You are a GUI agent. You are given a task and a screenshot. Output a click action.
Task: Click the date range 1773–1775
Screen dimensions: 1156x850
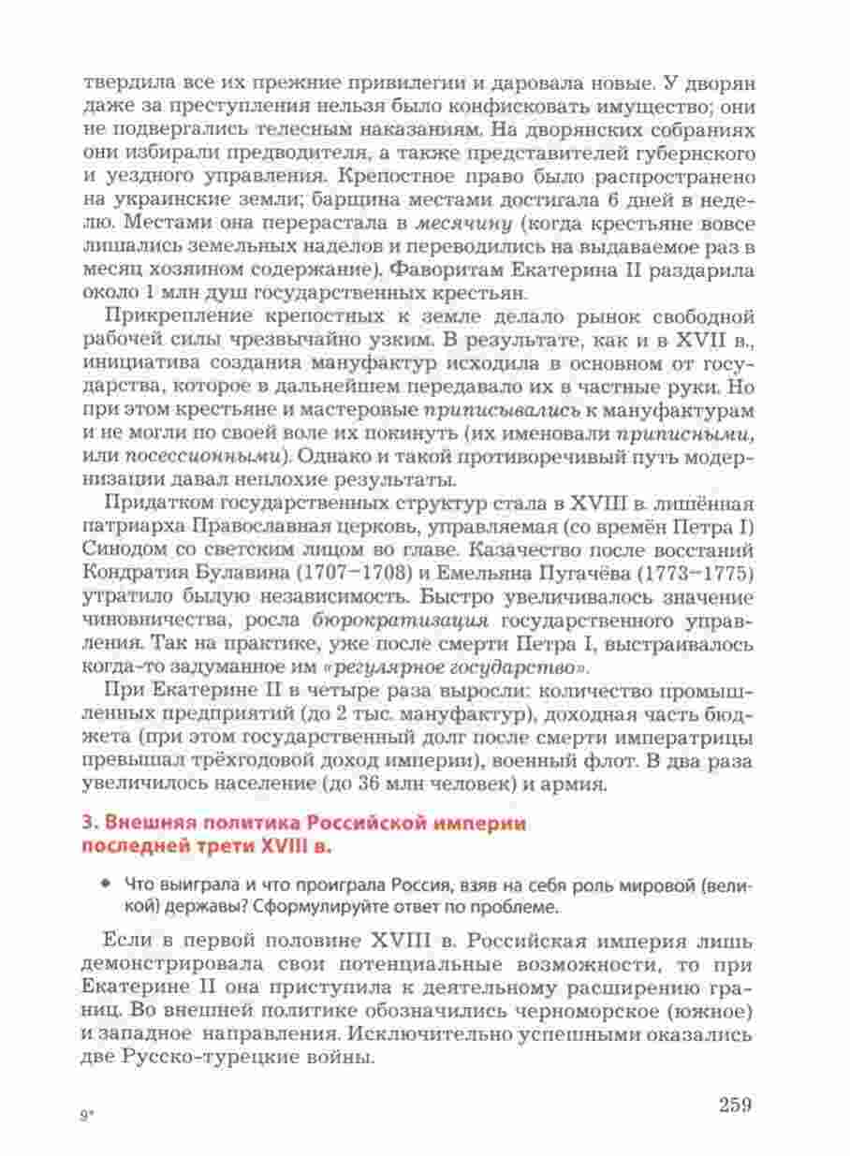coord(692,571)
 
